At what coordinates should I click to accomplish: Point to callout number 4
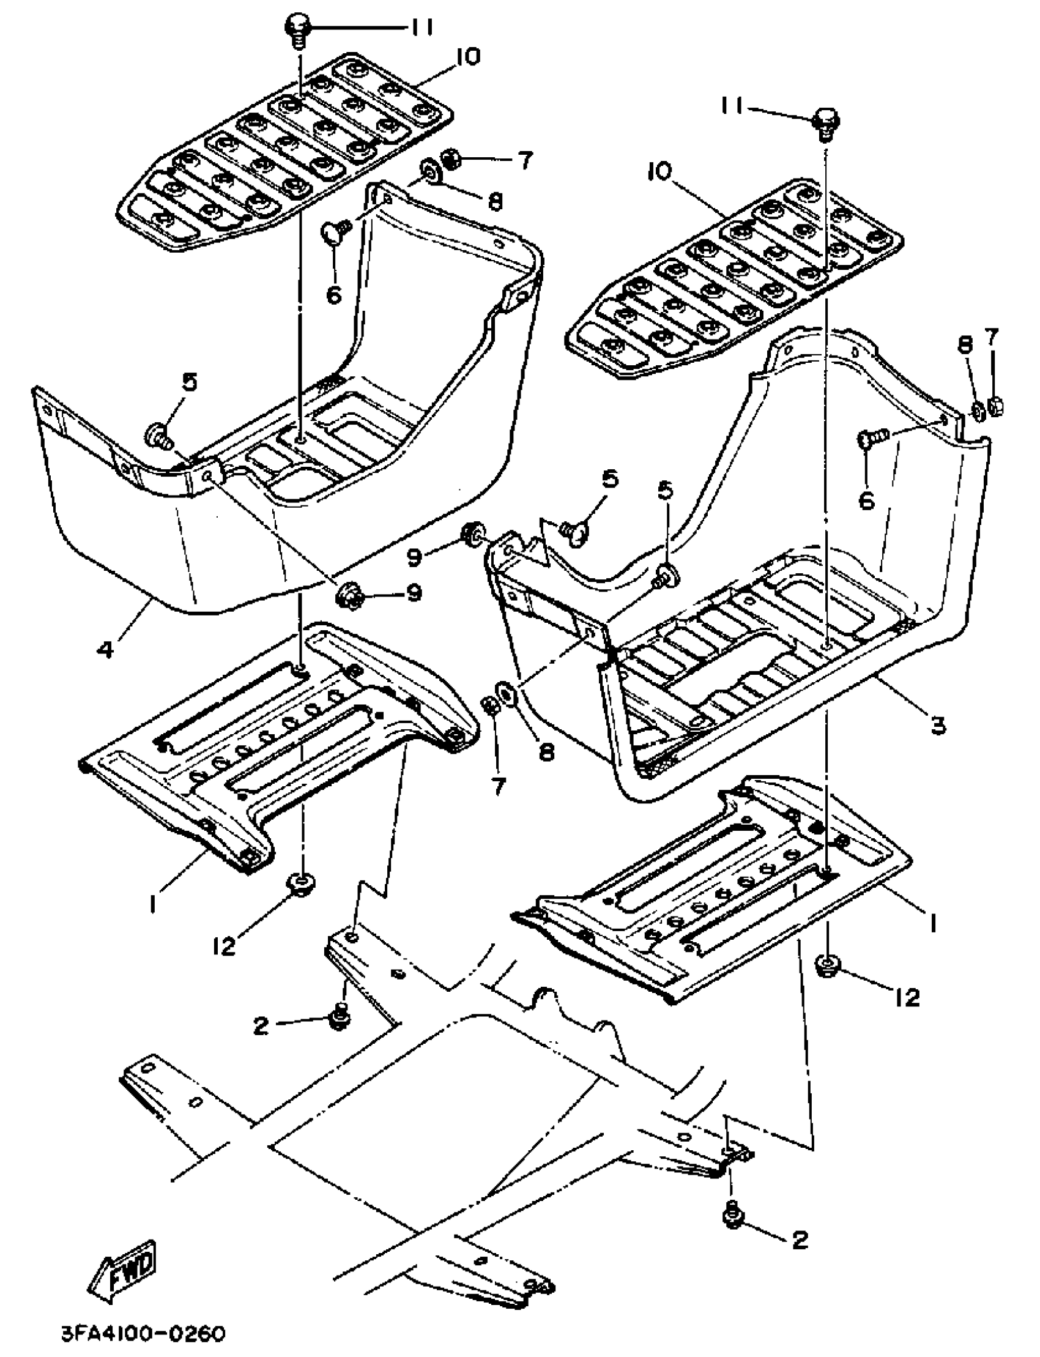click(106, 649)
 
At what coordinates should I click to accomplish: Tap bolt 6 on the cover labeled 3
click(867, 441)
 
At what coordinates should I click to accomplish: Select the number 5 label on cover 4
click(190, 382)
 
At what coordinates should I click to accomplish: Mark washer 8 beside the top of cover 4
click(428, 172)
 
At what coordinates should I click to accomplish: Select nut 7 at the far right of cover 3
click(994, 407)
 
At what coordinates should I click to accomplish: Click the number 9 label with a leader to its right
click(414, 557)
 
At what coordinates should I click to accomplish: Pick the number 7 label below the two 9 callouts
click(498, 787)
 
